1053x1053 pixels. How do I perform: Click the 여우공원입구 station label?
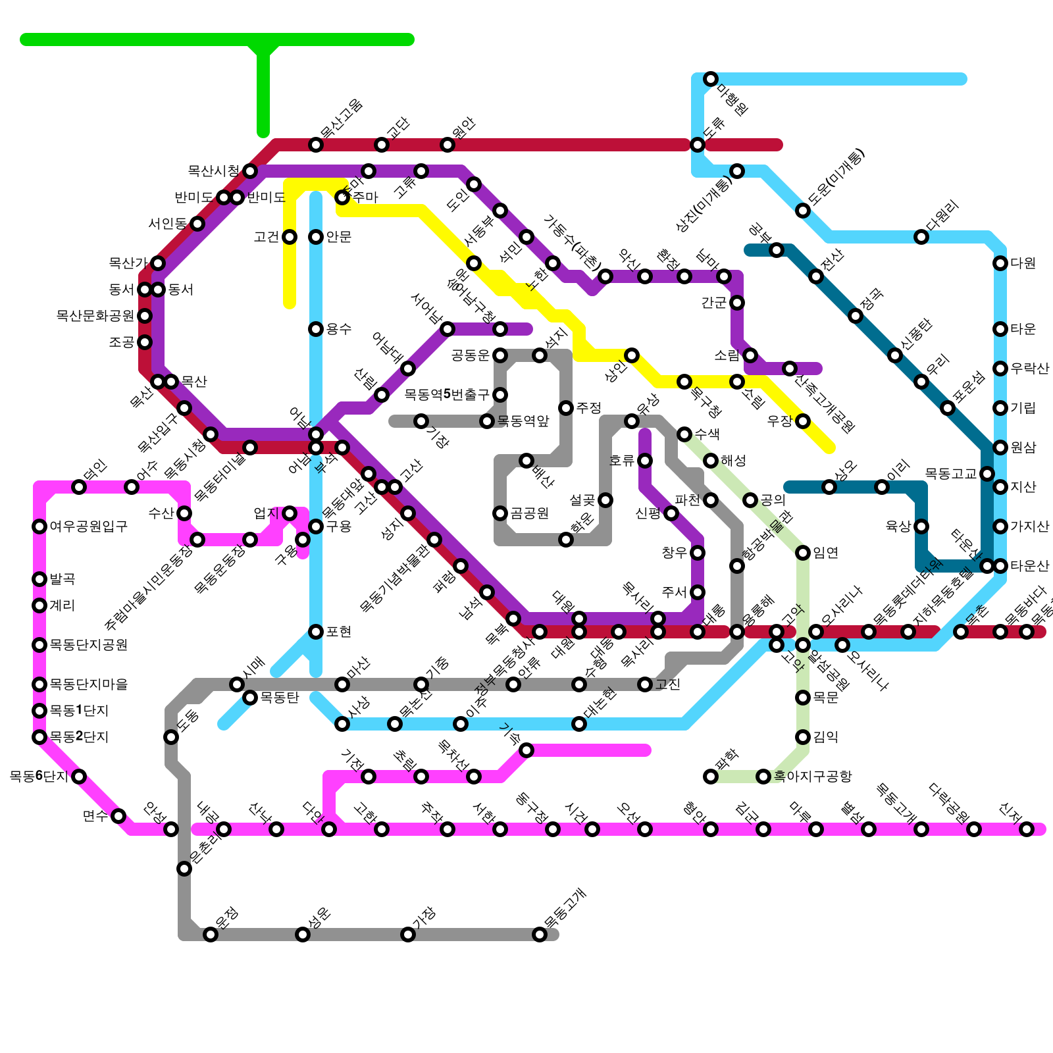pos(88,526)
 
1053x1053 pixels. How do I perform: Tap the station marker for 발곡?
pos(39,579)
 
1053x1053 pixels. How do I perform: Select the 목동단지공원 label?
pos(88,645)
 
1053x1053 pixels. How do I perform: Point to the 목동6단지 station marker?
pos(79,777)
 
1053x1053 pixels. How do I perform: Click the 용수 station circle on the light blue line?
pos(316,329)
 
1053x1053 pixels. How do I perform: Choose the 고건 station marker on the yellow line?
pos(290,237)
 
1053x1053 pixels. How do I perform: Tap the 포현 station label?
pos(339,632)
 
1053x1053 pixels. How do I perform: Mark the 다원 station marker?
pos(1000,263)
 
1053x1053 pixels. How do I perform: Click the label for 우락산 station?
pos(1030,369)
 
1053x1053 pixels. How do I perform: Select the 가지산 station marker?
pos(1000,526)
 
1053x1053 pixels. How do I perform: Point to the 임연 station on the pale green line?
pos(803,553)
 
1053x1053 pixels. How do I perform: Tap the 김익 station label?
pos(826,737)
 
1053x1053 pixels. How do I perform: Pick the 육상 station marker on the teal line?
pos(921,526)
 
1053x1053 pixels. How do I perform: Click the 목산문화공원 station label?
pos(95,316)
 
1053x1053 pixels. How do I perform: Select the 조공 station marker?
pos(145,342)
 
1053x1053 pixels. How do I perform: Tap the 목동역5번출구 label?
pos(447,395)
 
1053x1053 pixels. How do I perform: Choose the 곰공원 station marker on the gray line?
pos(500,513)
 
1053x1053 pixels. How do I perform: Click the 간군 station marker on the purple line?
pos(737,303)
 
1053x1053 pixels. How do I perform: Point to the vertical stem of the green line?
pos(263,92)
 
